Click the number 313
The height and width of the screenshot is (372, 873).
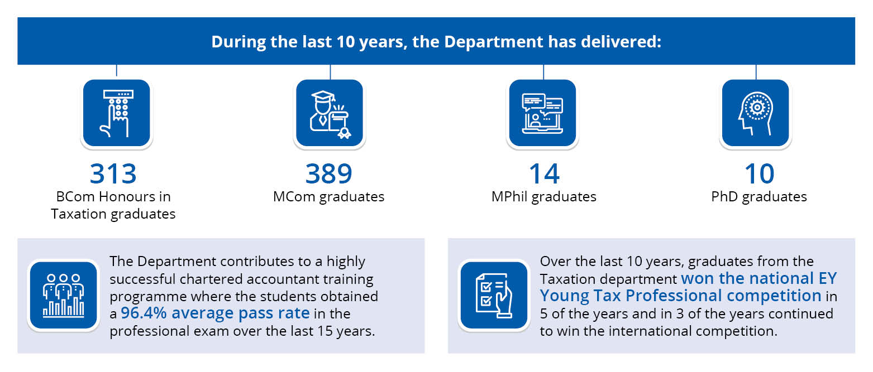coord(113,173)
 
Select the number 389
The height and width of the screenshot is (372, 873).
coord(328,173)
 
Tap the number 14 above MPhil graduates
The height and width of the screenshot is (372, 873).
coord(544,173)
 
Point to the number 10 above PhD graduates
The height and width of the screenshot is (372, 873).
coord(759,173)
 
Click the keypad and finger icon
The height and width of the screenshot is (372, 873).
coord(117,113)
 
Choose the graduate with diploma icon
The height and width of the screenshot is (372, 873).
coord(330,113)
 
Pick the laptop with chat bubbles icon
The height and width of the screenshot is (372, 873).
coord(542,113)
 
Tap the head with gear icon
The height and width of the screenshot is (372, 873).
coord(756,113)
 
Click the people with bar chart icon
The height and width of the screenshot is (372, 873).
coord(64,296)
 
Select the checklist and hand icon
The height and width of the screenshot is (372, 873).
coord(494,296)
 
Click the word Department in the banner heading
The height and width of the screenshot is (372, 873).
coord(493,42)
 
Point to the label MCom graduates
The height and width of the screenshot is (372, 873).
coord(328,197)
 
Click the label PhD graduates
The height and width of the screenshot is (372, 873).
coord(759,197)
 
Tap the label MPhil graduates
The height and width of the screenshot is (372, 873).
coord(544,197)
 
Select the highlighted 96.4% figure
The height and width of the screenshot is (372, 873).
coord(144,313)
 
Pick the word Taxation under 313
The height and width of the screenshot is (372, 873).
coord(79,214)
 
